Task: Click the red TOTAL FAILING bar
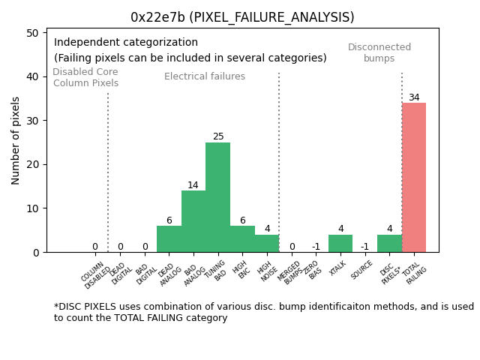[x=414, y=178]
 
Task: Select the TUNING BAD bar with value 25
[x=218, y=197]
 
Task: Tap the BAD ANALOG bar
[x=193, y=221]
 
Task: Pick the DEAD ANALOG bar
[x=169, y=239]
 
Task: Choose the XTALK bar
[x=340, y=244]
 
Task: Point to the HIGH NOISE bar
[x=267, y=244]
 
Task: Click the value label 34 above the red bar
[x=414, y=97]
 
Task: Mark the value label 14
[x=193, y=185]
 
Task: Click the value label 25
[x=218, y=136]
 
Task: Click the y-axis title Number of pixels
[x=16, y=140]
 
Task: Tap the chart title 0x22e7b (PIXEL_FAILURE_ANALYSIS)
[x=242, y=17]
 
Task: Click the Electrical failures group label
[x=205, y=76]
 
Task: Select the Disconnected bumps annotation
[x=379, y=52]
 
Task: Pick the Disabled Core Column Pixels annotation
[x=85, y=77]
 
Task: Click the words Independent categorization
[x=126, y=43]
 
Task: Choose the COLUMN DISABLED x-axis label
[x=97, y=274]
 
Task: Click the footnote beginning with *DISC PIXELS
[x=263, y=312]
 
